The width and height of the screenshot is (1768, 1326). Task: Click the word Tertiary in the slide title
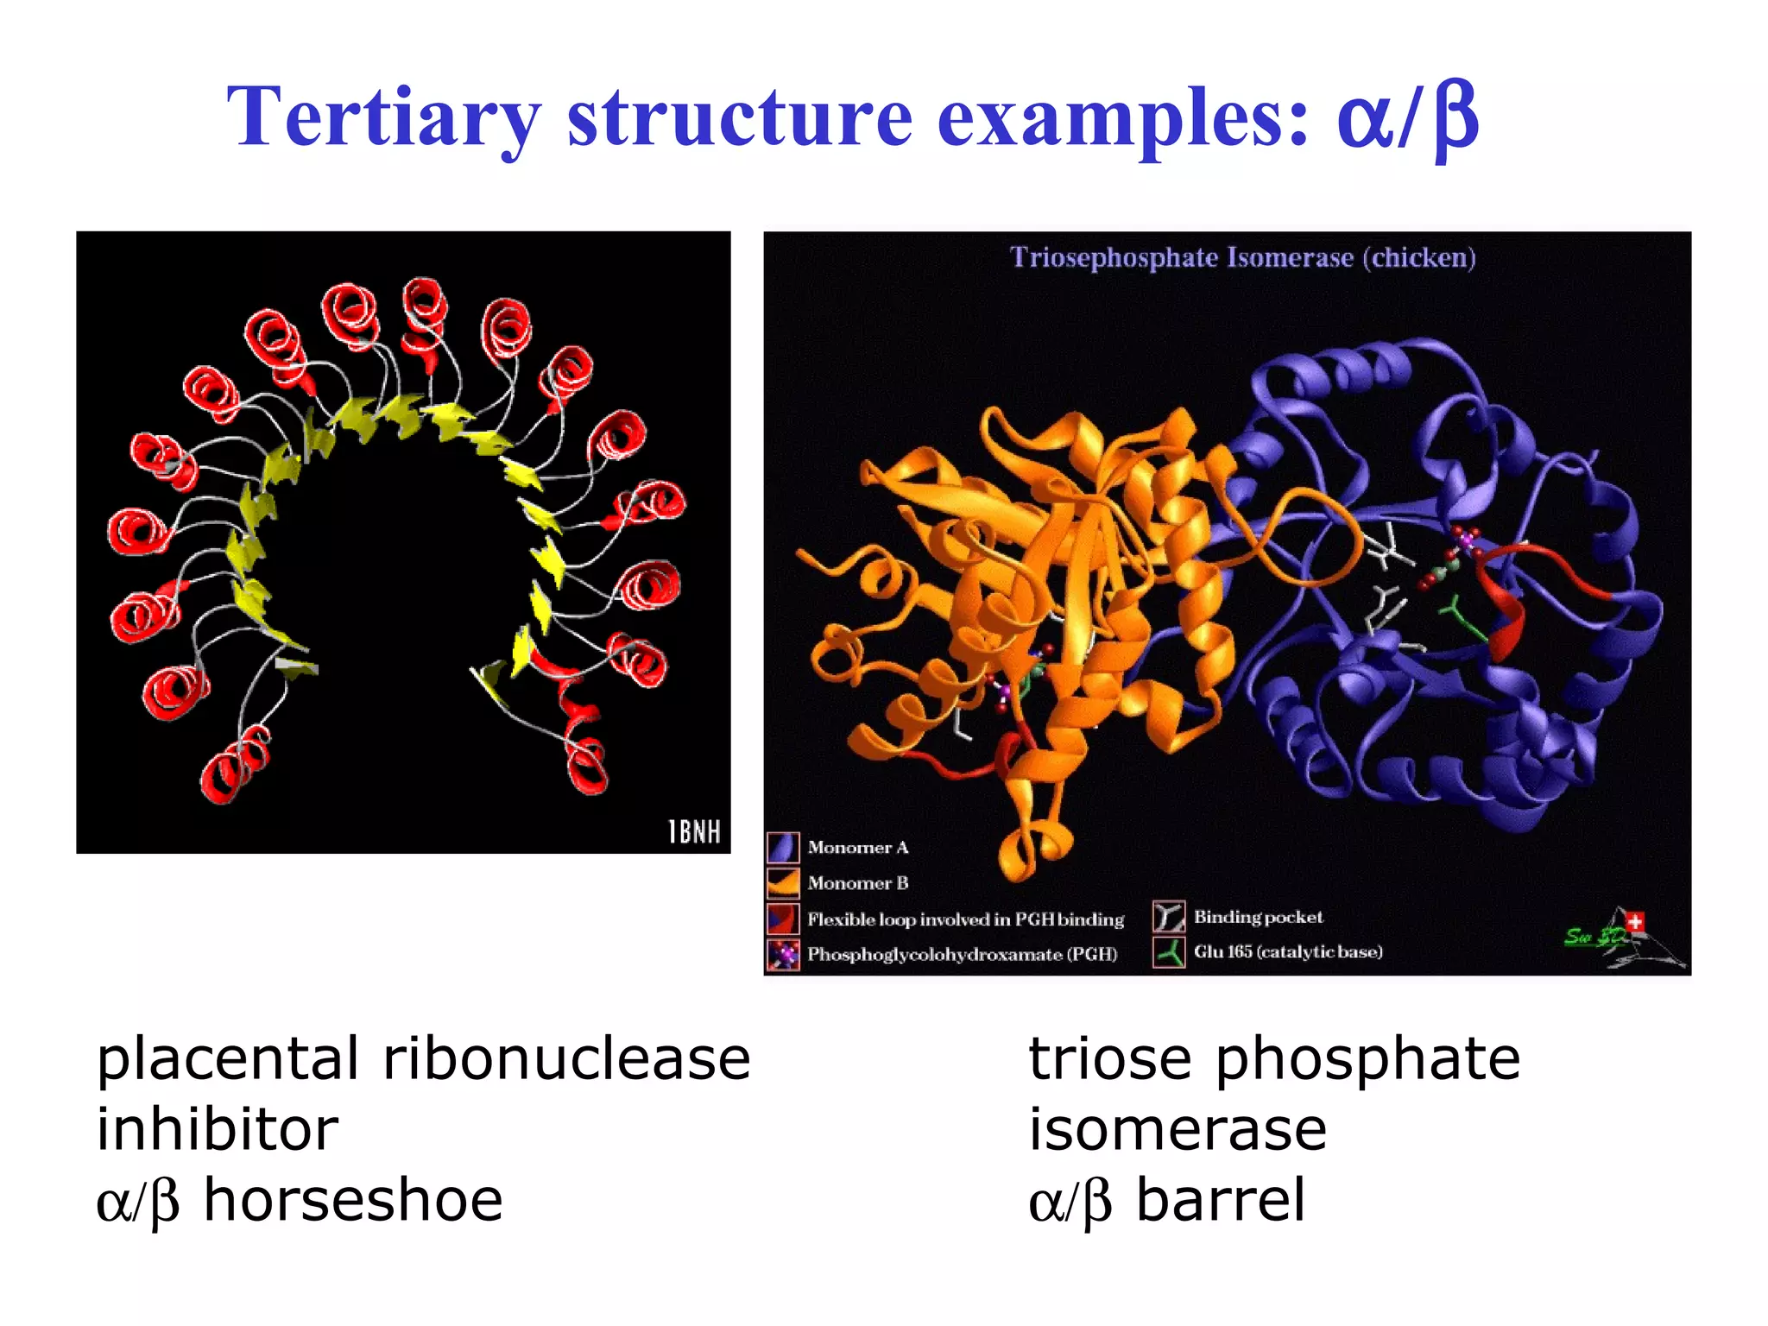coord(383,117)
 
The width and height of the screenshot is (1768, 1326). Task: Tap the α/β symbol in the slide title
coord(1407,117)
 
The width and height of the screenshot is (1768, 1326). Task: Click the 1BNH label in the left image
coord(694,831)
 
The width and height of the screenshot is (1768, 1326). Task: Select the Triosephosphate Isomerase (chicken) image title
coord(1242,257)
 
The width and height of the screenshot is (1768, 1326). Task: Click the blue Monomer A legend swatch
coord(783,848)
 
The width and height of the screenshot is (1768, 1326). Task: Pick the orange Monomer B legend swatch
coord(783,883)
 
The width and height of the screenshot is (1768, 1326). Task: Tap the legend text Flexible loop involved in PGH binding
coord(965,919)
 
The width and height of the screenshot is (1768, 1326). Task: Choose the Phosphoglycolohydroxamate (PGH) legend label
coord(962,955)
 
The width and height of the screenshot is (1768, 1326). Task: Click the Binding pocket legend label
coord(1258,917)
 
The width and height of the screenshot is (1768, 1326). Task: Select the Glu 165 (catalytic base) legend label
coord(1287,952)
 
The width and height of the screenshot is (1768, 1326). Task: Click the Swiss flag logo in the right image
coord(1635,923)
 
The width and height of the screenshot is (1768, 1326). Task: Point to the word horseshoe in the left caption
coord(352,1200)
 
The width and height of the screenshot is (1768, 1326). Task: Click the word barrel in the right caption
coord(1220,1200)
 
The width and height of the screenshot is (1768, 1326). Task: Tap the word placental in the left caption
coord(227,1059)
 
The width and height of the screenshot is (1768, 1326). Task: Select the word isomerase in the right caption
coord(1178,1129)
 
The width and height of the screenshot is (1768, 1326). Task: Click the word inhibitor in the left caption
coord(218,1129)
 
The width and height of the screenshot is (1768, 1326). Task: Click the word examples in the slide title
coord(1123,117)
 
